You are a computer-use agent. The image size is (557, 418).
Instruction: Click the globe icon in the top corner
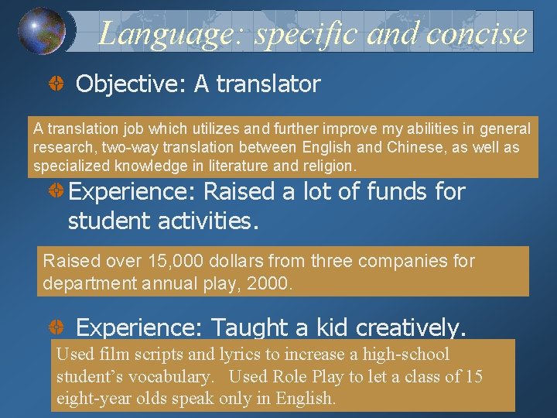(x=42, y=30)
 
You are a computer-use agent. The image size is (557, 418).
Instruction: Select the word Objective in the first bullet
(x=131, y=84)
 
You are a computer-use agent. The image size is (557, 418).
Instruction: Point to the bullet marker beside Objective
(x=56, y=85)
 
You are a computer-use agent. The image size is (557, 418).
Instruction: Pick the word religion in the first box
(x=329, y=166)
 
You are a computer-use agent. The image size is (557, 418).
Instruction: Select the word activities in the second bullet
(x=204, y=221)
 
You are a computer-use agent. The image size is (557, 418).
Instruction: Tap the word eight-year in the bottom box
(x=91, y=399)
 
